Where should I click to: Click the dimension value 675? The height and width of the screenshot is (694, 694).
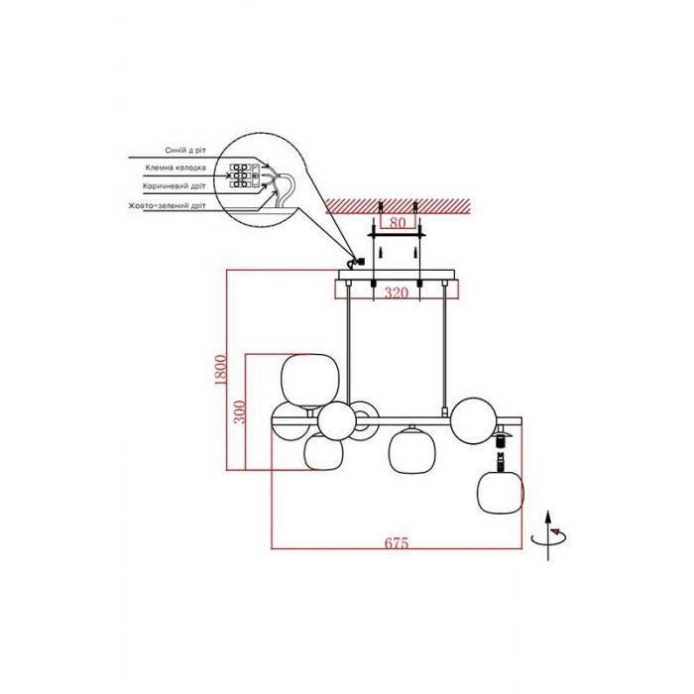(397, 542)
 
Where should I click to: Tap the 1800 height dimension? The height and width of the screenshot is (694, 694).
(220, 370)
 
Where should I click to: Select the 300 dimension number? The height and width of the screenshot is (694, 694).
(239, 411)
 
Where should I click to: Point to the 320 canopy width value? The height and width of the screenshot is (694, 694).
(397, 292)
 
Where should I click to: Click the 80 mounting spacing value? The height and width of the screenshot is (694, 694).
(397, 223)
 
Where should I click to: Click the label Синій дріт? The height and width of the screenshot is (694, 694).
(185, 151)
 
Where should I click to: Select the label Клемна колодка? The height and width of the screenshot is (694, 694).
(175, 168)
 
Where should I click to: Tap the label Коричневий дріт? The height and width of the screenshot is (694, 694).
(173, 186)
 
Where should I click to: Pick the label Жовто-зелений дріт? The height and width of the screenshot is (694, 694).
(167, 206)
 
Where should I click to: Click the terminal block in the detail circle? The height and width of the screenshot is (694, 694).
(243, 175)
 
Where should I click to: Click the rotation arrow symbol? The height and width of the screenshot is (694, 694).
(549, 535)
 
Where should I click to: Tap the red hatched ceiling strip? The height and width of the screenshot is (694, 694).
(398, 206)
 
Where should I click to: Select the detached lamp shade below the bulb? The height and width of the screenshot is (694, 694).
(500, 493)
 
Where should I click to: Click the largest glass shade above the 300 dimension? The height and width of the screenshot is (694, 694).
(309, 381)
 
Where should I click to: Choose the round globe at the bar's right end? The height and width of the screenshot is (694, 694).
(474, 420)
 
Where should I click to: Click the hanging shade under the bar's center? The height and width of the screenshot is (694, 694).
(411, 451)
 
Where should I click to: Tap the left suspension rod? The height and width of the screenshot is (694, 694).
(349, 343)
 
